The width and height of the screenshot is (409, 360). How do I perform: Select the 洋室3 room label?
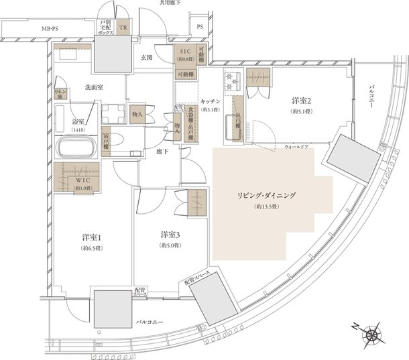point(170,235)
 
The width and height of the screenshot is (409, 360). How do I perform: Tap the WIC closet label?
point(83,180)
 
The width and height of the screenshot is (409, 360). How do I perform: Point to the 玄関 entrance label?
point(146,58)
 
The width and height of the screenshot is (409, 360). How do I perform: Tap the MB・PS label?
point(50,29)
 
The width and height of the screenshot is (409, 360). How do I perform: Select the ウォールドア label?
point(296,145)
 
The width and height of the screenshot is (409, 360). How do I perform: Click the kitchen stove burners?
point(231,82)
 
